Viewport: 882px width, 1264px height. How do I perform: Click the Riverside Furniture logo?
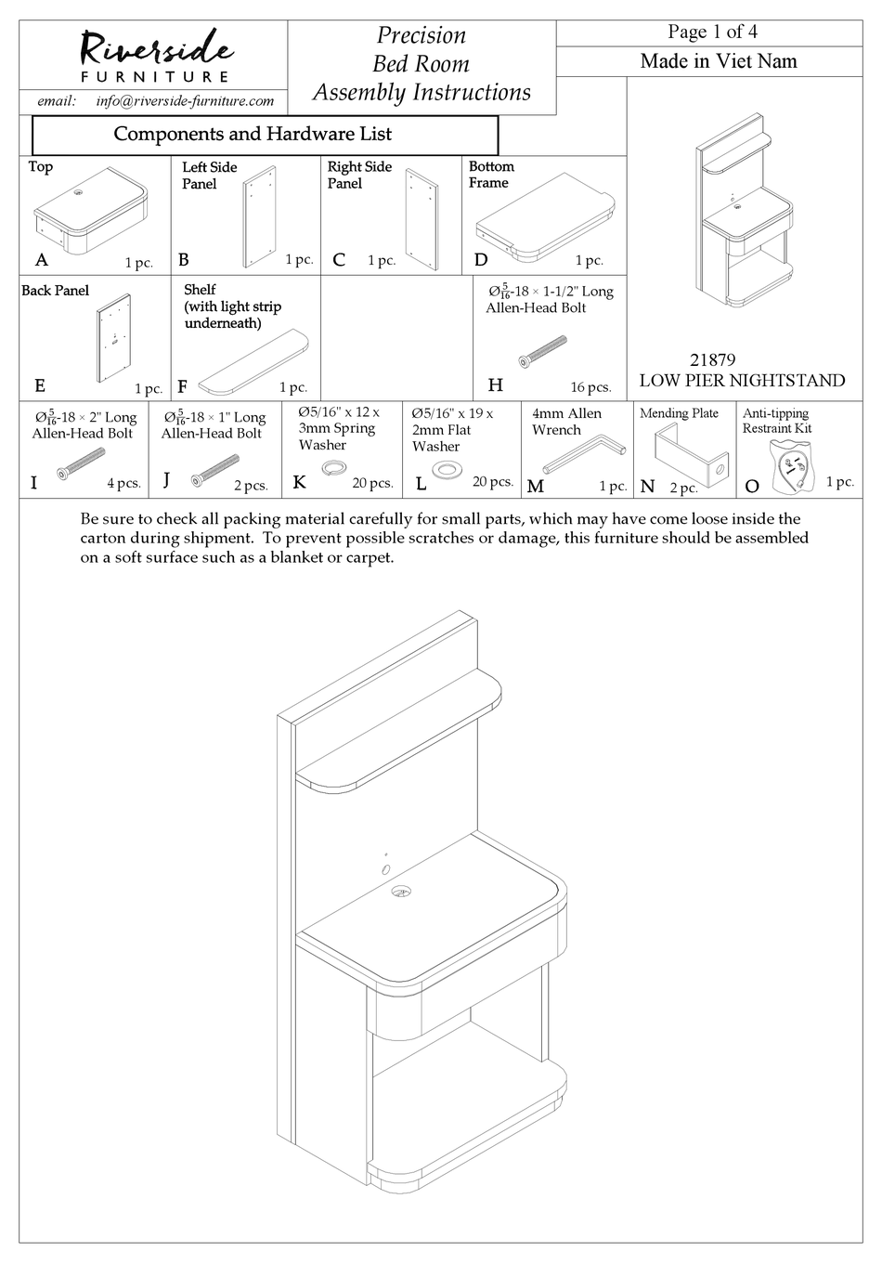154,55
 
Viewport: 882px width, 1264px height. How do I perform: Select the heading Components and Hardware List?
253,134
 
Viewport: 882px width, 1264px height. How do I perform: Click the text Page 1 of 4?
712,32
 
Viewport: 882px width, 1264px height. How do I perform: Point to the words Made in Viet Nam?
718,61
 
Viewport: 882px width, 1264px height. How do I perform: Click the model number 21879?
712,359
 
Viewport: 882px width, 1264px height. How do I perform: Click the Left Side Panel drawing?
259,217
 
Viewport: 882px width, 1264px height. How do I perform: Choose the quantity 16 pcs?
590,387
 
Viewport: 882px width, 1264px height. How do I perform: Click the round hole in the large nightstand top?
402,892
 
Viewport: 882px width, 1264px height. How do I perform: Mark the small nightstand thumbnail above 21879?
745,213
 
